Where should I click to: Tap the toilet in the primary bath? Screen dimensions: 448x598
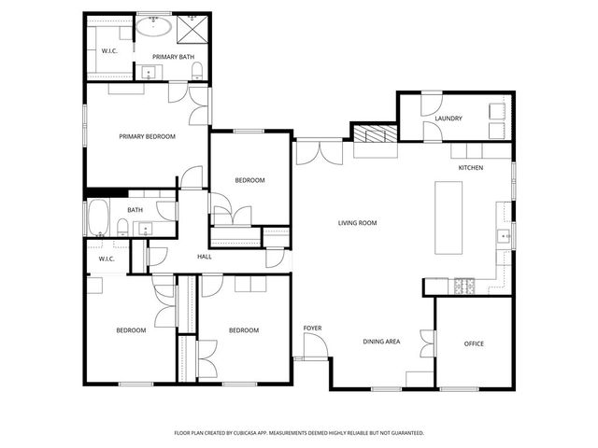[x=197, y=73]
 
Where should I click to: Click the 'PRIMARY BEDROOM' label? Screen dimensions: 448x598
[x=147, y=136]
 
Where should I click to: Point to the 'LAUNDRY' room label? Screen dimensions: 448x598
[x=448, y=119]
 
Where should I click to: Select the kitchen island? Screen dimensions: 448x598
[x=449, y=217]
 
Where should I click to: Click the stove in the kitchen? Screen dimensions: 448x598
[x=464, y=287]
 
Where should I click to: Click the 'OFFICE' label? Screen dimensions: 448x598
[x=474, y=344]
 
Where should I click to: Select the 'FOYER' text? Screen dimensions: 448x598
[x=312, y=329]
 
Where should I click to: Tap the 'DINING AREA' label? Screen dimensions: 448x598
[x=381, y=342]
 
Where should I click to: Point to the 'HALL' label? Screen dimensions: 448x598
[x=205, y=257]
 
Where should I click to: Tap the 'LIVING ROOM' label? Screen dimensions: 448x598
[x=357, y=223]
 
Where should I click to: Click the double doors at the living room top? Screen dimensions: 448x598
[x=318, y=152]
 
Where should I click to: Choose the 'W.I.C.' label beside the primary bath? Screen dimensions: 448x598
[x=108, y=52]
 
